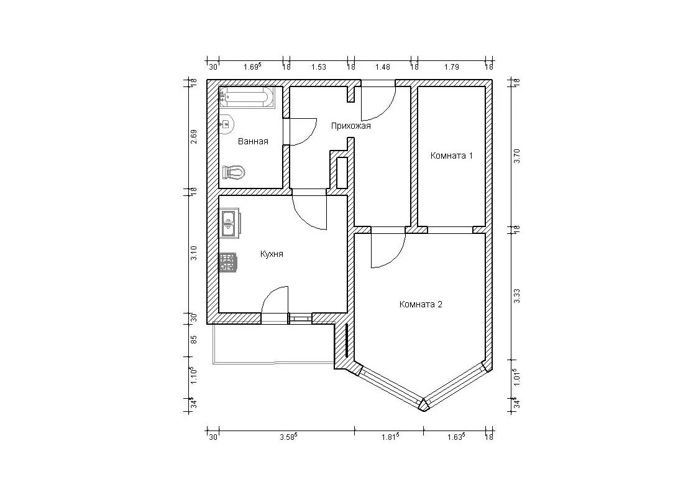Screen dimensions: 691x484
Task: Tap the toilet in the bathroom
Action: (x=233, y=172)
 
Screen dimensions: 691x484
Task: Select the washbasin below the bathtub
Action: (x=226, y=124)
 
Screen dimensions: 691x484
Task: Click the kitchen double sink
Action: (x=229, y=223)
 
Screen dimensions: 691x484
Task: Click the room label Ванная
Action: (x=253, y=142)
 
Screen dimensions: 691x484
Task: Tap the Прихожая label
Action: (x=351, y=126)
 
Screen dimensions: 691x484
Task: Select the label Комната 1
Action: (x=452, y=156)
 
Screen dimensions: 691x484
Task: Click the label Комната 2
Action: (x=421, y=304)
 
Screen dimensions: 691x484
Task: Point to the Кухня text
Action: (x=272, y=254)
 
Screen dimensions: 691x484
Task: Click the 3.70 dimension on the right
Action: (x=518, y=156)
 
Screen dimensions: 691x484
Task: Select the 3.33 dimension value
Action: (x=518, y=296)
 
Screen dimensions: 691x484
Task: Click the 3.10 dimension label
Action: (x=193, y=253)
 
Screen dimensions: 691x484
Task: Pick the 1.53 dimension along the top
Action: (x=319, y=67)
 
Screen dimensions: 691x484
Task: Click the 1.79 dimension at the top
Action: (x=452, y=67)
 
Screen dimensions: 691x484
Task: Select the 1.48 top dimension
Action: (x=383, y=67)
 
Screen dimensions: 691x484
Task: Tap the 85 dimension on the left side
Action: (x=193, y=340)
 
